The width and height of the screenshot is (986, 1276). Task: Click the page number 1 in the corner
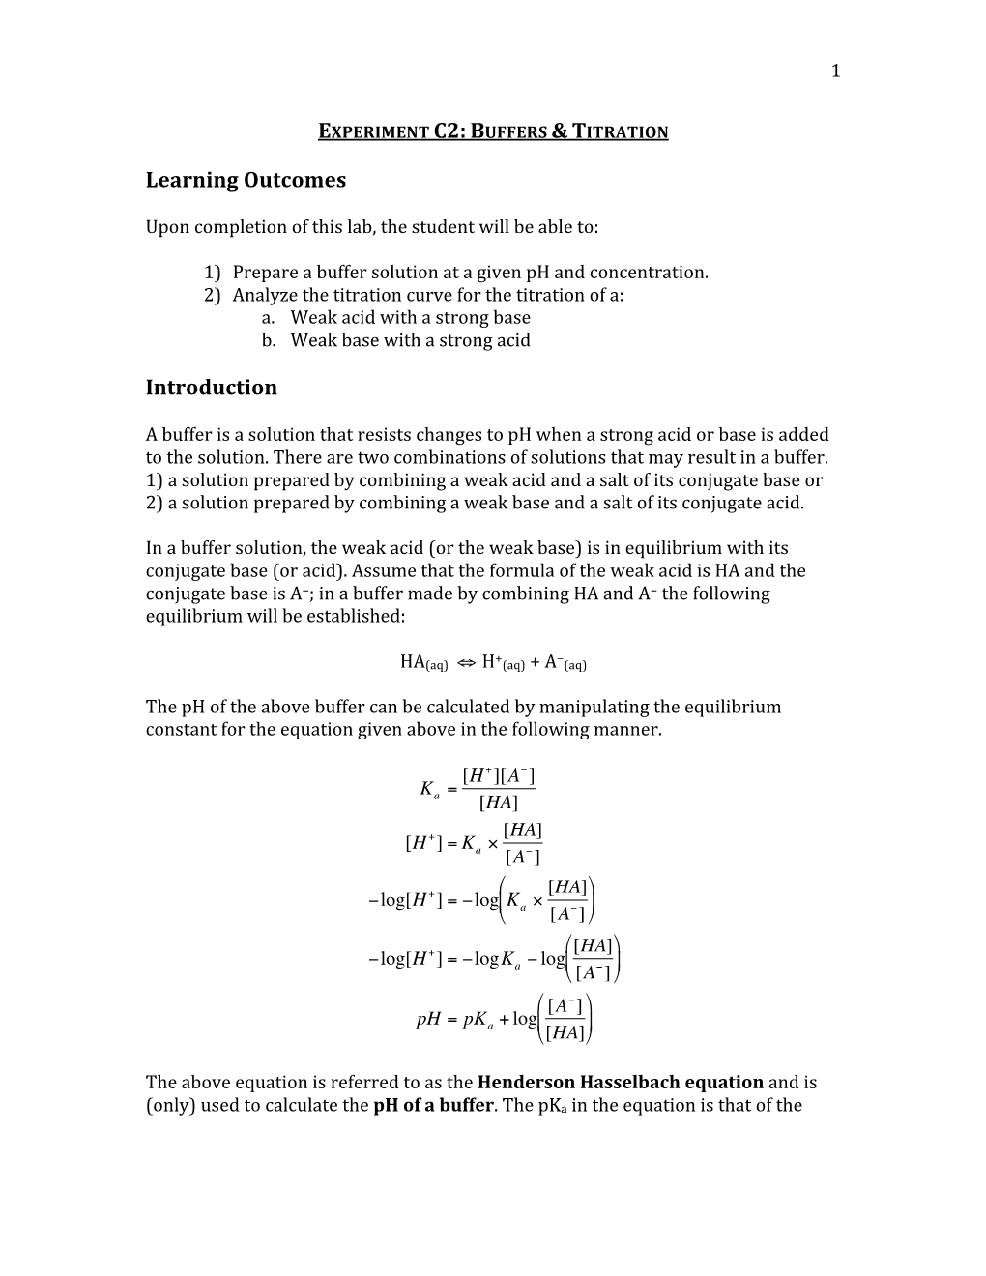tap(836, 71)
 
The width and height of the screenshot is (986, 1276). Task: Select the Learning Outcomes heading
tap(246, 181)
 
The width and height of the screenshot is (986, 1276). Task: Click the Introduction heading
tap(211, 388)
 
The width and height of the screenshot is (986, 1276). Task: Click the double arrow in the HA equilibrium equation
tap(464, 662)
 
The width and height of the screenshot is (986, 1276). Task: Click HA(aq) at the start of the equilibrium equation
tap(422, 662)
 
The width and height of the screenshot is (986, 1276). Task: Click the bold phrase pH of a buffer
tap(433, 1105)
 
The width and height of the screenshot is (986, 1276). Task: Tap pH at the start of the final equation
tap(428, 1019)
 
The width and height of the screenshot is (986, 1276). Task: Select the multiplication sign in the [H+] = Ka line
tap(492, 844)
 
